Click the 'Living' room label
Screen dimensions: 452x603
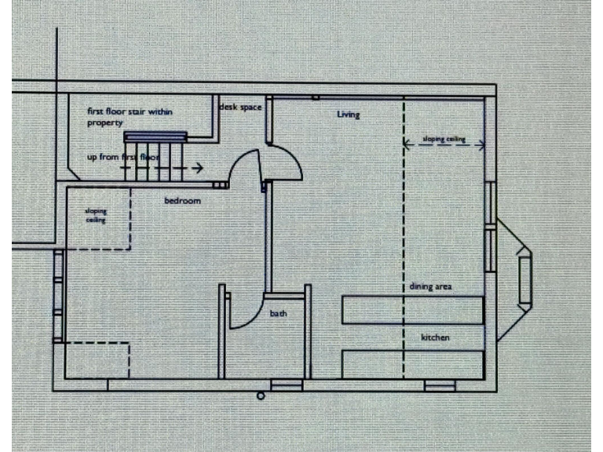pyautogui.click(x=348, y=115)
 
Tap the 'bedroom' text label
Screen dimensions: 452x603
pyautogui.click(x=182, y=201)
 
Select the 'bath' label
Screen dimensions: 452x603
pyautogui.click(x=279, y=314)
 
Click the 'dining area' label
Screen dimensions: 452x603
pyautogui.click(x=430, y=286)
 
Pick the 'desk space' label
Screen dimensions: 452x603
pyautogui.click(x=240, y=107)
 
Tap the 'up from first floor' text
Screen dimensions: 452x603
pyautogui.click(x=123, y=158)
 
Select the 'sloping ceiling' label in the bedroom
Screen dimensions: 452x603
pyautogui.click(x=96, y=216)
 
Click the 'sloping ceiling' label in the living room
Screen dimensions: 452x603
pyautogui.click(x=444, y=139)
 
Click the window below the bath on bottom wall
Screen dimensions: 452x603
pyautogui.click(x=287, y=385)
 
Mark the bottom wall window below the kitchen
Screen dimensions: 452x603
pyautogui.click(x=440, y=385)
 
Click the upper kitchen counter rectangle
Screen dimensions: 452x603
pyautogui.click(x=413, y=310)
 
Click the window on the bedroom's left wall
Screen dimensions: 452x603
pyautogui.click(x=57, y=296)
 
